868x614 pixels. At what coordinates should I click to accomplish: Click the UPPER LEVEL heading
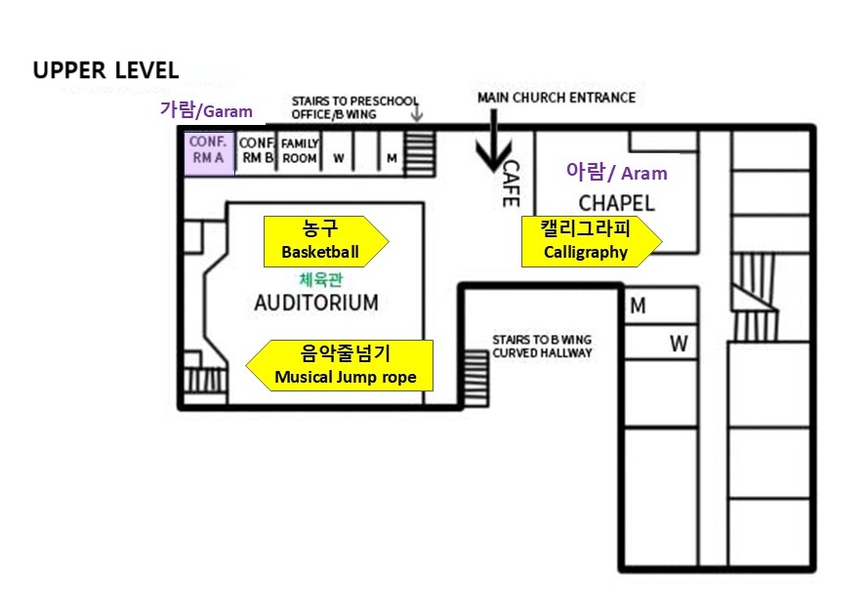(105, 70)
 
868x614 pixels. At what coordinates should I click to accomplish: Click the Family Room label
(300, 150)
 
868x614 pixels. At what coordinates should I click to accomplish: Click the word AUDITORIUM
(315, 303)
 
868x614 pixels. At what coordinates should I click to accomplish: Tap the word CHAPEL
(616, 203)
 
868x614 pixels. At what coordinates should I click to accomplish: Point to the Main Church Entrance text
(556, 98)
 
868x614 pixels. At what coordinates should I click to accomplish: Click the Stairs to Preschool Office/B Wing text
(354, 107)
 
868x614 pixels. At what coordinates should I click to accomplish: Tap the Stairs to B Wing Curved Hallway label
(541, 346)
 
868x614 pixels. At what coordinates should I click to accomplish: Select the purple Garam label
(206, 110)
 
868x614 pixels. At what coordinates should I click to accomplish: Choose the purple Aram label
(616, 173)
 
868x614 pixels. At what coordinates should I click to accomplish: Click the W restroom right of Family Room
(339, 157)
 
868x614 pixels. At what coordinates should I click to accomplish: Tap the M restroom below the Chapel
(638, 307)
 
